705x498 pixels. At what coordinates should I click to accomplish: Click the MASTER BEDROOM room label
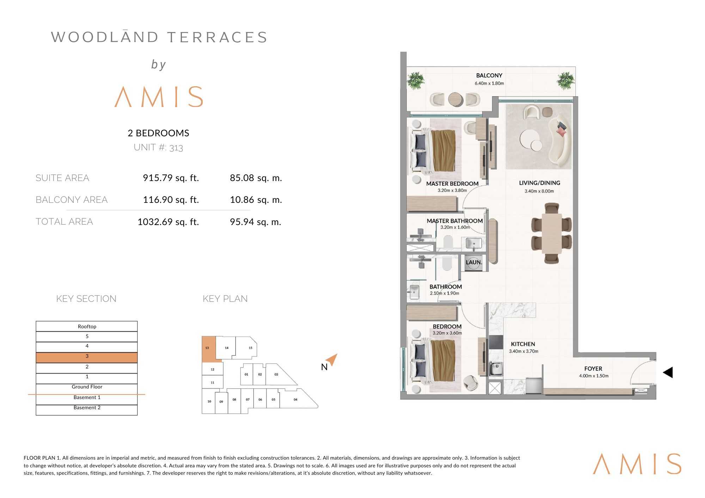point(452,183)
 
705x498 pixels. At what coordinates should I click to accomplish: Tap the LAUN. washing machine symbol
point(473,263)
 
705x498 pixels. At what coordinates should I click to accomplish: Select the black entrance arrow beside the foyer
point(668,372)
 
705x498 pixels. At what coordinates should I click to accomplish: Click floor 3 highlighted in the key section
point(87,357)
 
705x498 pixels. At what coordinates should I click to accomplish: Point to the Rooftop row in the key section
point(87,326)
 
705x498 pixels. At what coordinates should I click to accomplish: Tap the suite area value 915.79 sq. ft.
point(171,178)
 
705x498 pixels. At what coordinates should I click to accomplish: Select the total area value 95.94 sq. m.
point(256,222)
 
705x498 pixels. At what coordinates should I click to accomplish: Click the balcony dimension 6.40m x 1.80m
point(489,83)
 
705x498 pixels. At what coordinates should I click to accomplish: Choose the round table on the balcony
point(455,99)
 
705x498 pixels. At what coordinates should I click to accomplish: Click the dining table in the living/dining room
point(552,233)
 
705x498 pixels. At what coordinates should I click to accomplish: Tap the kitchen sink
point(496,368)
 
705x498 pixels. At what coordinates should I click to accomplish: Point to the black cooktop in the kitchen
point(496,342)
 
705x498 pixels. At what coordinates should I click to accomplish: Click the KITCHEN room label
point(523,344)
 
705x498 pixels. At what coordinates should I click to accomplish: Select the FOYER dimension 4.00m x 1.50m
point(594,376)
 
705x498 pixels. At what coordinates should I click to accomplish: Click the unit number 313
point(176,148)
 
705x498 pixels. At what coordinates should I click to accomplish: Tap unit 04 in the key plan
point(295,399)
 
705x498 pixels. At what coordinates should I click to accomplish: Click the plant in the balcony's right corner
point(566,81)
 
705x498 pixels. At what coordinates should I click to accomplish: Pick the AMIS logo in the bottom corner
point(637,463)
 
